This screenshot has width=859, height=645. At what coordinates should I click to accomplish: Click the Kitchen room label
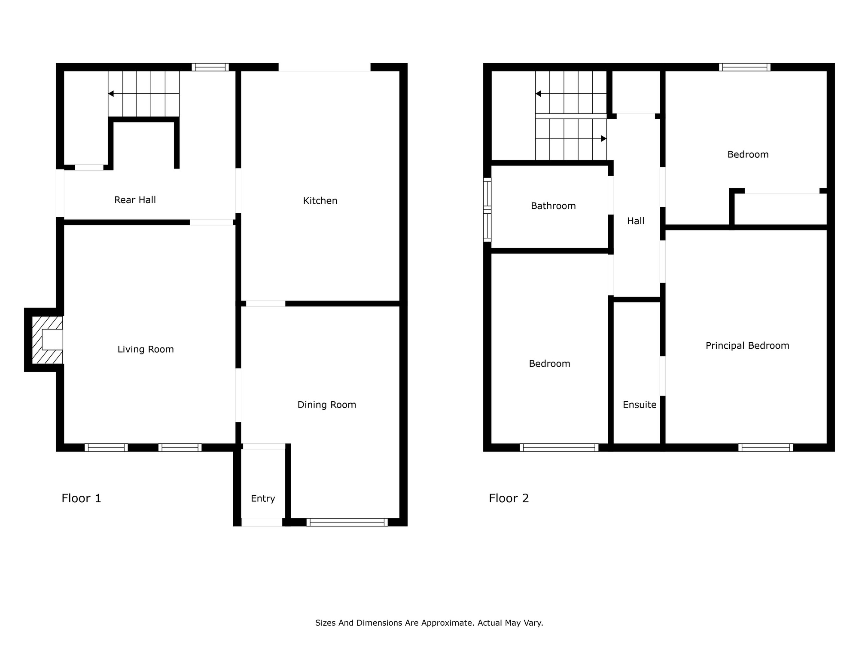click(x=320, y=200)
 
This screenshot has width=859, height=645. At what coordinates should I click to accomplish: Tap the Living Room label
click(x=146, y=349)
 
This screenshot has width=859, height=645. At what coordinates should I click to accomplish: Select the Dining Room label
click(x=327, y=405)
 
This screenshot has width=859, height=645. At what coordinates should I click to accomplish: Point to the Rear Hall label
click(x=135, y=200)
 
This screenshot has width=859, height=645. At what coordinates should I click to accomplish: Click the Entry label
click(x=263, y=498)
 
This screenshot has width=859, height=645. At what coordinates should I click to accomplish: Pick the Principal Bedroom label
click(x=747, y=345)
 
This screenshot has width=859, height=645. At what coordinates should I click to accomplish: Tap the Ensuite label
click(x=640, y=405)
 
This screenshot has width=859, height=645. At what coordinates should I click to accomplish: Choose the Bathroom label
click(x=553, y=206)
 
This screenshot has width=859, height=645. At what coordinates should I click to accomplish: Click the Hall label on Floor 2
click(x=636, y=221)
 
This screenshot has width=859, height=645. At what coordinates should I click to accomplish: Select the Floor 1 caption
click(x=81, y=498)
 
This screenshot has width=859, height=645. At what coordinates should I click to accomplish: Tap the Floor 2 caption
click(x=509, y=498)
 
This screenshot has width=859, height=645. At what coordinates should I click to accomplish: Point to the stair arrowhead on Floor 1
click(x=111, y=94)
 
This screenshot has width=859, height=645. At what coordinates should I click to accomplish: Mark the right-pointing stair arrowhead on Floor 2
click(x=603, y=138)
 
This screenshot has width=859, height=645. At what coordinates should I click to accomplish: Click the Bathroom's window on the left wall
click(x=487, y=209)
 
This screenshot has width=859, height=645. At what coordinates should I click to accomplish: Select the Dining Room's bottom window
click(x=347, y=522)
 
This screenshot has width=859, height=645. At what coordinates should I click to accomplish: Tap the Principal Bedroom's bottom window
click(x=766, y=448)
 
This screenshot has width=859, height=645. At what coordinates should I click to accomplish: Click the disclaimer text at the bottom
click(x=429, y=623)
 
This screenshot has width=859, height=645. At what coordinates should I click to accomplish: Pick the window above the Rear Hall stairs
click(x=210, y=67)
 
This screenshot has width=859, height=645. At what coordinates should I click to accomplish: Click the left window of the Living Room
click(x=106, y=448)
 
